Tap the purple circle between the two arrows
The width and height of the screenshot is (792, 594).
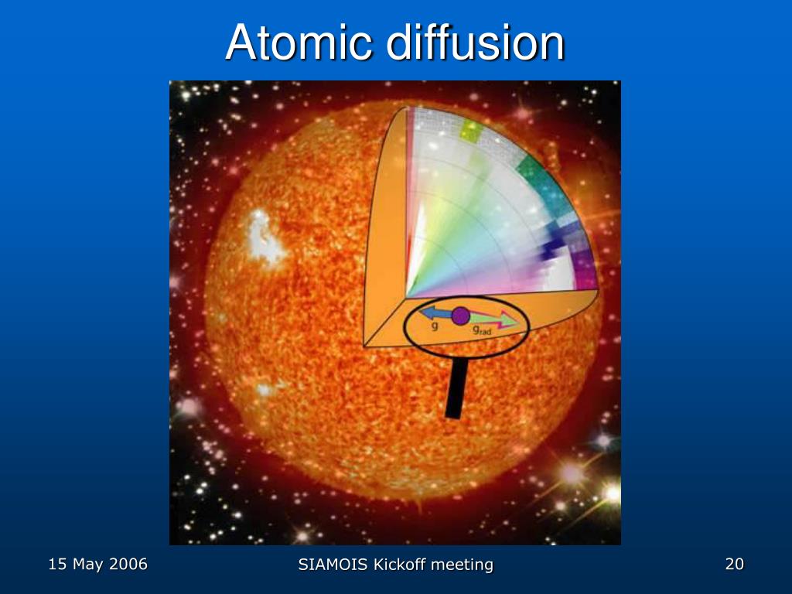coord(460,316)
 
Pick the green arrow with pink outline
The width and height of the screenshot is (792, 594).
coord(495,319)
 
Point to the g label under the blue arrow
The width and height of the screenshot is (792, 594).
coord(435,327)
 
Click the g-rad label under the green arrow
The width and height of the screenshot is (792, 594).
coord(481,331)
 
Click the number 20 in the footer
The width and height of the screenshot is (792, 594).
coord(734,565)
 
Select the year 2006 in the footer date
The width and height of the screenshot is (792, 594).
coord(128,565)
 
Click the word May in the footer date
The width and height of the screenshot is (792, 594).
coord(88,565)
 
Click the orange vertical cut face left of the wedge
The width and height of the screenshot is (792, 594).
coord(384,232)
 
